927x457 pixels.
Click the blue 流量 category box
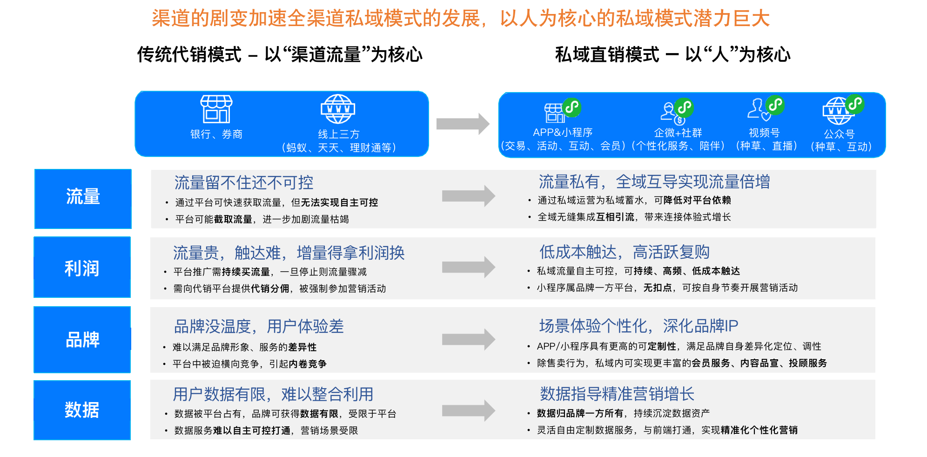[83, 199]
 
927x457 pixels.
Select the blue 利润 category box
[82, 267]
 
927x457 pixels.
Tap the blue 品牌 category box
[82, 339]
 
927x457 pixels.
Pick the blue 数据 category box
[82, 410]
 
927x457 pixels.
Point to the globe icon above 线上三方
[338, 109]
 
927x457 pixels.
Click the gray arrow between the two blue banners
[463, 124]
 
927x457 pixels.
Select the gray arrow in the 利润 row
[469, 267]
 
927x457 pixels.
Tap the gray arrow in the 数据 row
[469, 410]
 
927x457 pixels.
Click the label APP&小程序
[563, 133]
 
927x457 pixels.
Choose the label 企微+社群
[678, 133]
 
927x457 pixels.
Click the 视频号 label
[764, 133]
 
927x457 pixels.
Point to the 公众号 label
[840, 134]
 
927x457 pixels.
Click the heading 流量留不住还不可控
[244, 182]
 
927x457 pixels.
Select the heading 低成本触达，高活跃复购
[625, 252]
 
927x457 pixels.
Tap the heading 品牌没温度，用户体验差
[259, 326]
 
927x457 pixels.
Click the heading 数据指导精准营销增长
[617, 394]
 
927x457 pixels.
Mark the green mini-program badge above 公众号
[854, 104]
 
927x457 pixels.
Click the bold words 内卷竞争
[308, 364]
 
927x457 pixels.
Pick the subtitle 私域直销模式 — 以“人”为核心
[673, 54]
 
